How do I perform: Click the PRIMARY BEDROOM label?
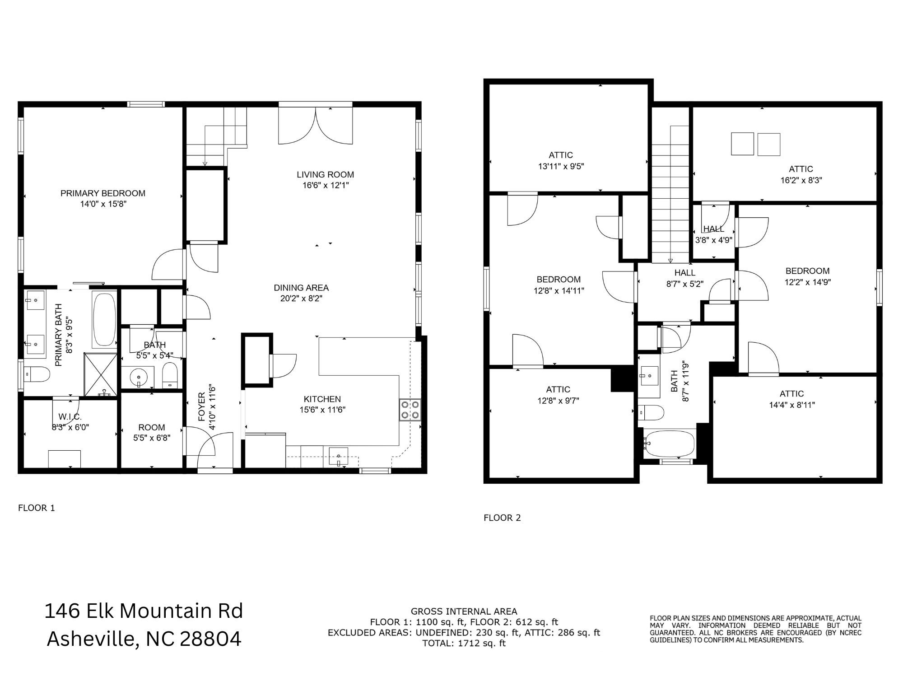[x=103, y=193]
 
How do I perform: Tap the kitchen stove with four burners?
[x=410, y=410]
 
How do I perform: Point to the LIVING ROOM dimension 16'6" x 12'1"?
[x=326, y=186]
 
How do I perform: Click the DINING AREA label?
[x=301, y=288]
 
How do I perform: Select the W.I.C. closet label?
[x=70, y=416]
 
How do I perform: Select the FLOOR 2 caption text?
[x=502, y=518]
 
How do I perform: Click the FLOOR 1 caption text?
[x=36, y=508]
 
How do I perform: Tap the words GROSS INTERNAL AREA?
[x=464, y=612]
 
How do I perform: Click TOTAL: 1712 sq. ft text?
[x=464, y=643]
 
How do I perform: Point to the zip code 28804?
[x=210, y=639]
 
